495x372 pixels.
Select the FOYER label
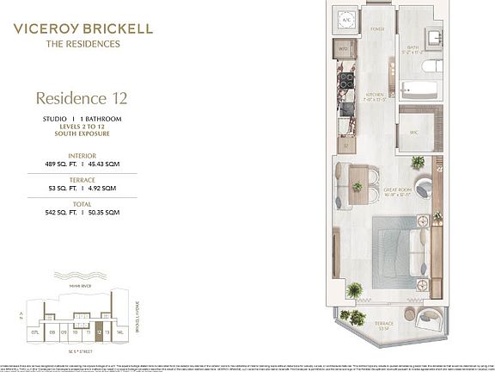click(376, 28)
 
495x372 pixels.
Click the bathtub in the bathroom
click(419, 90)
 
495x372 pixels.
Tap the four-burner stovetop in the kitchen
click(349, 81)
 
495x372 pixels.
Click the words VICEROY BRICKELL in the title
click(83, 28)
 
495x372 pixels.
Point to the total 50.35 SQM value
click(102, 211)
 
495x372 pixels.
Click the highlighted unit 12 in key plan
click(100, 331)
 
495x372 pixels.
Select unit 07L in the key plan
click(34, 331)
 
